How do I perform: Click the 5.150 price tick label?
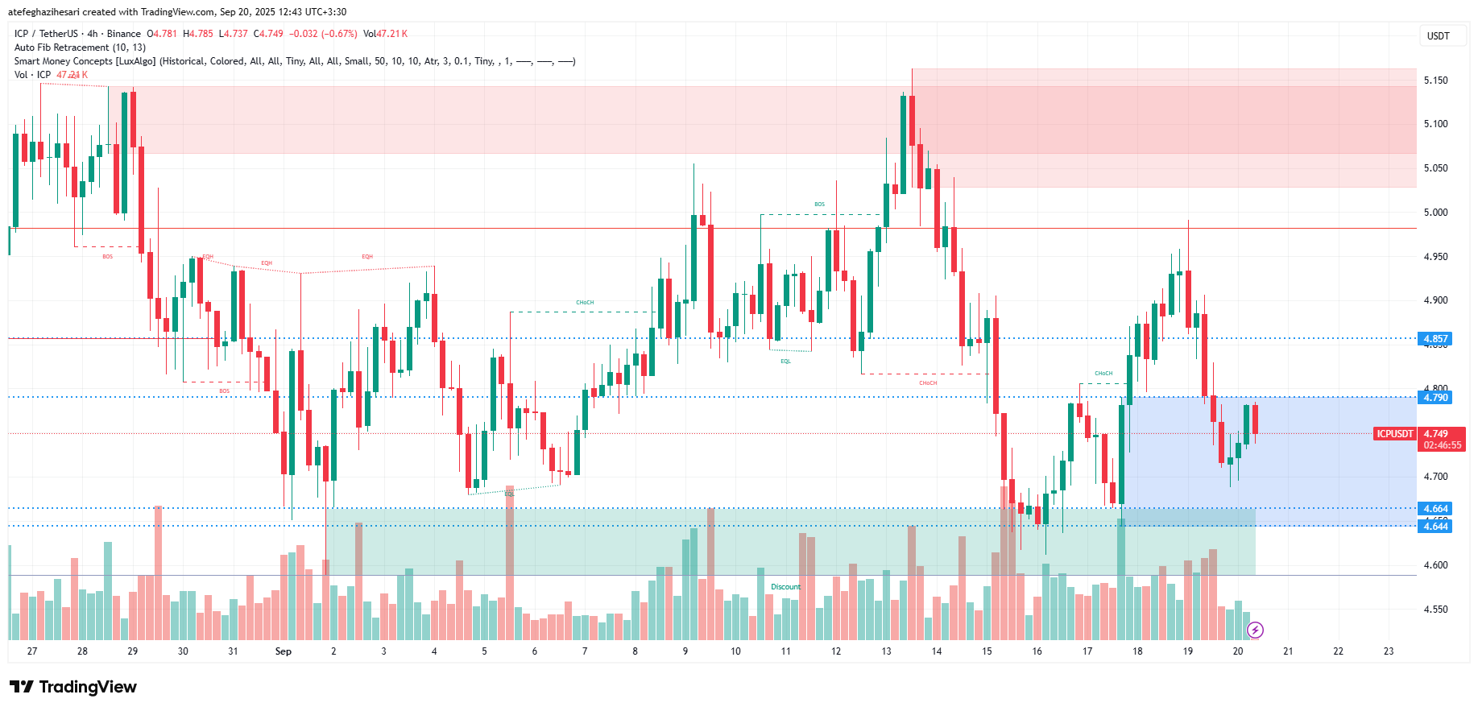pyautogui.click(x=1435, y=81)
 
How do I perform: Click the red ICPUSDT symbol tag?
pyautogui.click(x=1394, y=434)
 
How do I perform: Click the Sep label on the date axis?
pyautogui.click(x=283, y=651)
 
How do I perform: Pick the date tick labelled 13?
pyautogui.click(x=886, y=651)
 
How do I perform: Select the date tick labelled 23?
pyautogui.click(x=1388, y=651)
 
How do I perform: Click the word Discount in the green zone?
pyautogui.click(x=785, y=587)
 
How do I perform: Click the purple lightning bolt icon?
pyautogui.click(x=1255, y=630)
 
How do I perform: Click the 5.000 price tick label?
pyautogui.click(x=1435, y=213)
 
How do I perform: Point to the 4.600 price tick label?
pyautogui.click(x=1435, y=565)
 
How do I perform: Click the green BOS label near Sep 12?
pyautogui.click(x=819, y=205)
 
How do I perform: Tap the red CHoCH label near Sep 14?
pyautogui.click(x=928, y=383)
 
